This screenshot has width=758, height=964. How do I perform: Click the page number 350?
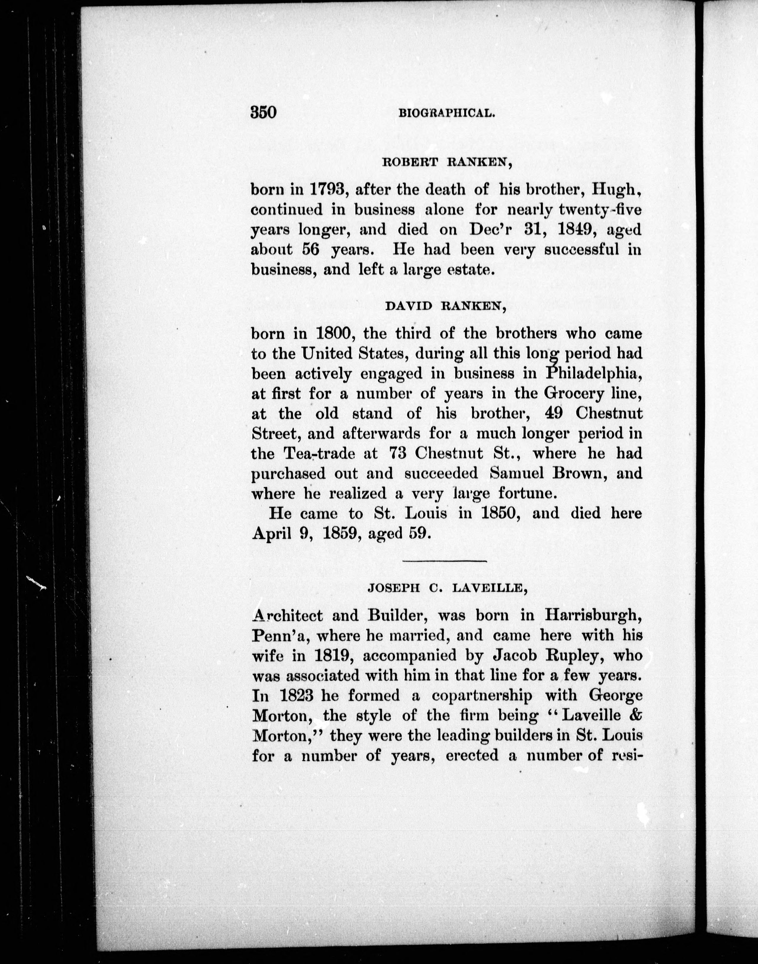click(x=264, y=112)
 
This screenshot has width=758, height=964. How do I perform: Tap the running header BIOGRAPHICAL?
click(x=447, y=114)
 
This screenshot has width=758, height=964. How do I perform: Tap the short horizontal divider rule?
click(x=445, y=561)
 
